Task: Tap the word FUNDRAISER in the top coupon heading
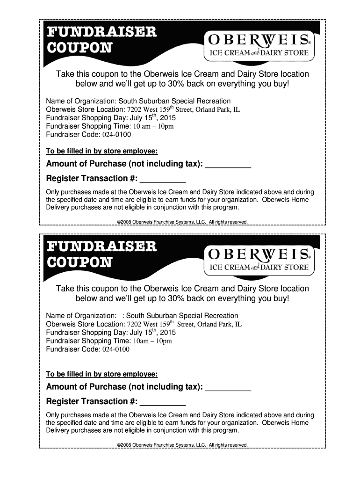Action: tap(101, 32)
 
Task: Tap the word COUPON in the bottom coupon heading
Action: tap(79, 262)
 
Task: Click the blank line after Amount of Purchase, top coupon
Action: tap(228, 164)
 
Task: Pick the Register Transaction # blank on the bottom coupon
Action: tap(163, 402)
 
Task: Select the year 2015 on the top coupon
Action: tap(167, 118)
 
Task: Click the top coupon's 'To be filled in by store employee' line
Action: tap(101, 152)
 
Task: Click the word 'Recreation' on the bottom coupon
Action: tap(220, 316)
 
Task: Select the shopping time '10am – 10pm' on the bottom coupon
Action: tap(152, 341)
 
